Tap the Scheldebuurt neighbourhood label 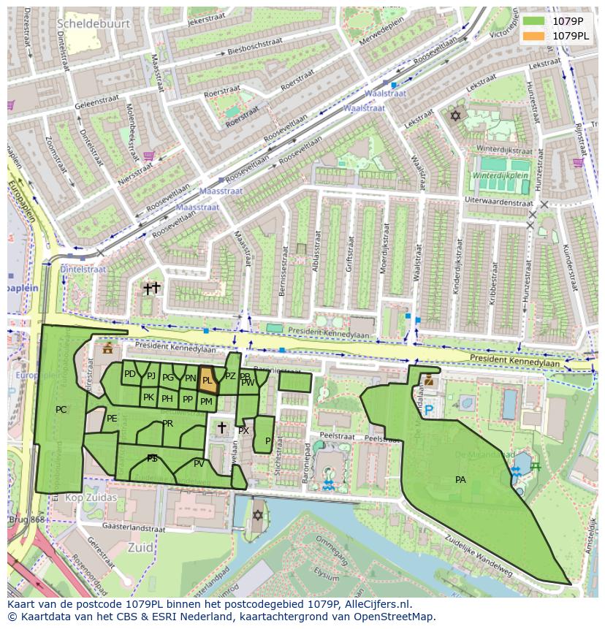94,23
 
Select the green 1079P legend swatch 533,21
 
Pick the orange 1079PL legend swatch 533,36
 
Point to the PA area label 460,480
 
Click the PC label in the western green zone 61,410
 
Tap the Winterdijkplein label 499,176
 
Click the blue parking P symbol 429,411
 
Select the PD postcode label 129,374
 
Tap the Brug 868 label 26,519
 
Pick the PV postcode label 199,463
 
